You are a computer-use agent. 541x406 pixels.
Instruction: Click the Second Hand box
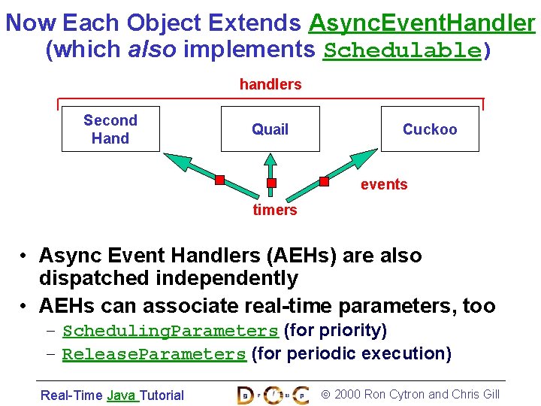tap(110, 129)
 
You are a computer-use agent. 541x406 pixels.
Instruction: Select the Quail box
tap(270, 129)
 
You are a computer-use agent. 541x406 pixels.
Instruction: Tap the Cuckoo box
tap(430, 129)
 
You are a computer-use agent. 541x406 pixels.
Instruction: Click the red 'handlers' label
tap(270, 84)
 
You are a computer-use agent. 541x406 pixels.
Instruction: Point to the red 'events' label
tap(384, 184)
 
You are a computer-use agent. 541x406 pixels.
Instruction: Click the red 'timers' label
tap(275, 210)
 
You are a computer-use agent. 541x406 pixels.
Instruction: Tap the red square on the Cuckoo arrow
tap(325, 181)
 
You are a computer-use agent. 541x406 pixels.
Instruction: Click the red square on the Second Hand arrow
tap(219, 180)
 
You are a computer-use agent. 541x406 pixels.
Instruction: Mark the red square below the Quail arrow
tap(272, 183)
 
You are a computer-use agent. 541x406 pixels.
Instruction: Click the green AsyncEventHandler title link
tap(422, 23)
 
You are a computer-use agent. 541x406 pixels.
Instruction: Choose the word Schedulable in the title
tap(401, 51)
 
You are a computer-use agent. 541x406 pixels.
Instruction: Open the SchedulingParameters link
tap(171, 331)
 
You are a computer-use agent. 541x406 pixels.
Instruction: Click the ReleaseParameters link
tap(154, 354)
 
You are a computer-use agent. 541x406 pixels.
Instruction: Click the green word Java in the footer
tap(121, 395)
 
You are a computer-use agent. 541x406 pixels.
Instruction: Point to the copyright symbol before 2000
tap(325, 394)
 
